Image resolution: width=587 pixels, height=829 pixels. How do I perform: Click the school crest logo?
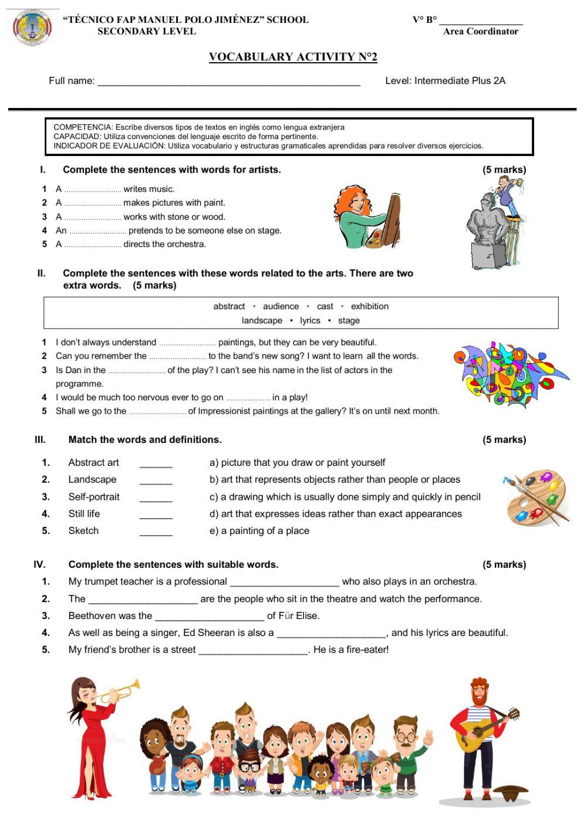pyautogui.click(x=32, y=29)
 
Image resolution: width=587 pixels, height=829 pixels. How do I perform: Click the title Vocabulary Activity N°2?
pyautogui.click(x=293, y=57)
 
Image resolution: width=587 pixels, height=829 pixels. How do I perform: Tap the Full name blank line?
pyautogui.click(x=228, y=83)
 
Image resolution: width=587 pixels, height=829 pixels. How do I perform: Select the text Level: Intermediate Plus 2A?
pyautogui.click(x=445, y=81)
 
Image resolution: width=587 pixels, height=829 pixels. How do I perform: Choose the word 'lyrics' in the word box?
pyautogui.click(x=310, y=320)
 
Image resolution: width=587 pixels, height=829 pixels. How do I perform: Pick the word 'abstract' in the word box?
pyautogui.click(x=229, y=306)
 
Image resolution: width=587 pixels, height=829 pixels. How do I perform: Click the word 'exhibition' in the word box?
pyautogui.click(x=369, y=306)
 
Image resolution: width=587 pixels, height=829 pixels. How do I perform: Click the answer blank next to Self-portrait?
pyautogui.click(x=156, y=498)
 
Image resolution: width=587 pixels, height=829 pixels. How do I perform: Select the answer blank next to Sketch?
pyautogui.click(x=156, y=532)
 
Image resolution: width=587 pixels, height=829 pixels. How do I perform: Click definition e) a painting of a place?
pyautogui.click(x=259, y=531)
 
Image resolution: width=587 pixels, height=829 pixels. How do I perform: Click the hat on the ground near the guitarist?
pyautogui.click(x=511, y=793)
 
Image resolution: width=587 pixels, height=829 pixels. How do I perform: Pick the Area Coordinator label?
pyautogui.click(x=480, y=32)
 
